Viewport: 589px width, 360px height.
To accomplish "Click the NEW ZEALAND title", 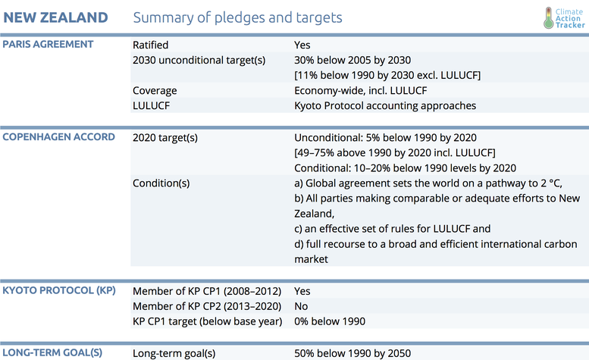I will [56, 17].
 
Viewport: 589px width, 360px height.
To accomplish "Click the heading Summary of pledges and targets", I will [237, 17].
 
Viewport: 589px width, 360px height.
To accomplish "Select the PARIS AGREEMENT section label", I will [48, 44].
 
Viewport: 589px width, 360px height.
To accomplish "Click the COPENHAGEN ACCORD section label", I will [58, 137].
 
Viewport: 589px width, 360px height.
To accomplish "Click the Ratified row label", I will [151, 45].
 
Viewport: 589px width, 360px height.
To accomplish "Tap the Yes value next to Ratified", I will [302, 45].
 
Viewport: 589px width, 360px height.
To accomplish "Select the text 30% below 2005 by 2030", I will [352, 60].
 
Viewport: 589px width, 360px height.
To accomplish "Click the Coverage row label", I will [155, 90].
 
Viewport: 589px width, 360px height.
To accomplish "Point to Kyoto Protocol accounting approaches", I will [385, 105].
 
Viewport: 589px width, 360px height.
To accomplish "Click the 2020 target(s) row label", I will [164, 137].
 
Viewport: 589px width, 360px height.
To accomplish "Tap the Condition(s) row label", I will [161, 183].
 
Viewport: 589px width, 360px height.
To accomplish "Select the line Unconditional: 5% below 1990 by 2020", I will [384, 137].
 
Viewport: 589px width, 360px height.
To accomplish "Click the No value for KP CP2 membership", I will [301, 306].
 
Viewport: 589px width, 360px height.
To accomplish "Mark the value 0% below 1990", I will [330, 321].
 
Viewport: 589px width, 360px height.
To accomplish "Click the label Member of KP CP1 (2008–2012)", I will [207, 291].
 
